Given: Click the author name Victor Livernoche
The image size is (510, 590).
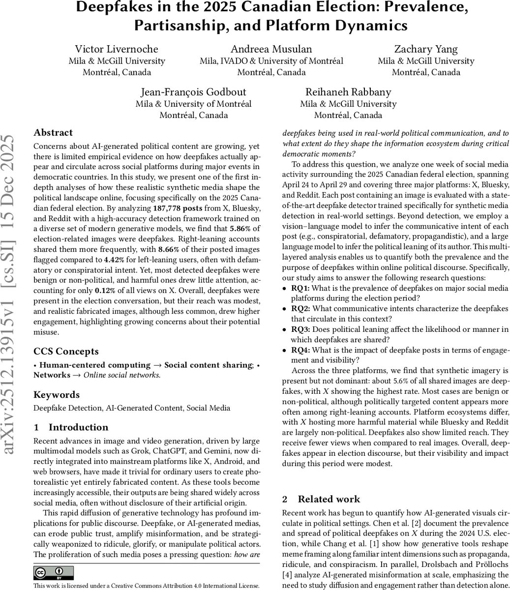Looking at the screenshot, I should pyautogui.click(x=117, y=49).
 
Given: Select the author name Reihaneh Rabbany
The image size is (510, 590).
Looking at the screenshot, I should pyautogui.click(x=348, y=92).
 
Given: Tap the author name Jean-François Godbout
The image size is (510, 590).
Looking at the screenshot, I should pyautogui.click(x=193, y=92).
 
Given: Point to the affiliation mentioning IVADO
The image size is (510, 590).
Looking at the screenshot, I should pyautogui.click(x=271, y=61).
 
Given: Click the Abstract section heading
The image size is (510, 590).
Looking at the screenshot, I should pyautogui.click(x=53, y=133).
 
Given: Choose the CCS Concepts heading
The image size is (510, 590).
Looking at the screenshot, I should pyautogui.click(x=66, y=352).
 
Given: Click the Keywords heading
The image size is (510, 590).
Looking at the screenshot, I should pyautogui.click(x=57, y=395).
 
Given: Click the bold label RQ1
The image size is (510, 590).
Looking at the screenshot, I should pyautogui.click(x=300, y=288).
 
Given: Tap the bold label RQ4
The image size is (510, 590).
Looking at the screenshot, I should pyautogui.click(x=300, y=350).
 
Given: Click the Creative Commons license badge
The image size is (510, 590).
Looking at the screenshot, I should pyautogui.click(x=54, y=573).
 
